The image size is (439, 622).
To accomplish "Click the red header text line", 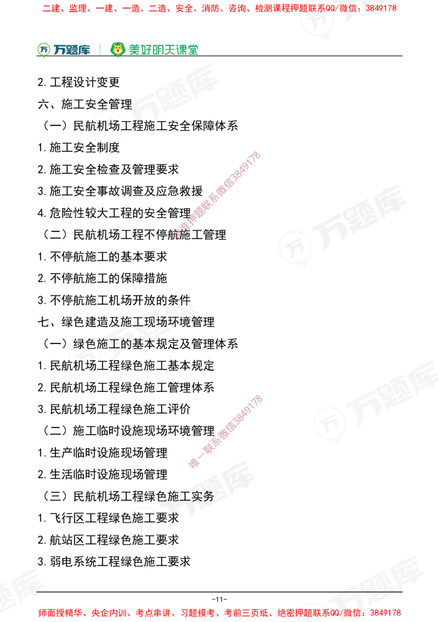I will click(x=219, y=9).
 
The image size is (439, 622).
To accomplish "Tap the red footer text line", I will click(x=219, y=612).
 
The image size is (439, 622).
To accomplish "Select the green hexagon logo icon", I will click(x=43, y=49).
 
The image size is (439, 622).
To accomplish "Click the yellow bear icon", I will click(x=117, y=49).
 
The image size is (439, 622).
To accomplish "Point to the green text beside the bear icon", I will click(x=163, y=49).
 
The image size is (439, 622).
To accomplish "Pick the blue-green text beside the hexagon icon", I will click(x=72, y=49).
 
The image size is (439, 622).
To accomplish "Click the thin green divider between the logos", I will click(x=99, y=48).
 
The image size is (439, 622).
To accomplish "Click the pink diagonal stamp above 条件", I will click(x=217, y=196).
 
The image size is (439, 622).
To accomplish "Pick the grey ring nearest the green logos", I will click(x=108, y=126).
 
